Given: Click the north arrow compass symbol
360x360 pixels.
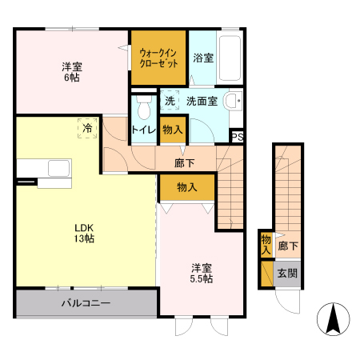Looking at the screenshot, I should [334, 320].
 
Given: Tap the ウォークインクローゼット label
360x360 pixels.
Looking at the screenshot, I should [158, 57].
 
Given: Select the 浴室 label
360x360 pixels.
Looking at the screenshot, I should [202, 58].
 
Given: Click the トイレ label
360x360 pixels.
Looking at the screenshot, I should [144, 129].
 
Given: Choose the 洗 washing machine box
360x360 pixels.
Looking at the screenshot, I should [170, 102].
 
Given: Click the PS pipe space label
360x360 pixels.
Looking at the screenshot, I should [237, 136].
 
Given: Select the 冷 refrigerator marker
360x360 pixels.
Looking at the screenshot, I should [85, 126].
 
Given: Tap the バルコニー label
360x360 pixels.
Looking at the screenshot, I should [86, 303].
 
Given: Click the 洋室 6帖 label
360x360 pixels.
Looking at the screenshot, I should [73, 72].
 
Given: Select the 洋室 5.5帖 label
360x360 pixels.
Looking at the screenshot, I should [202, 273].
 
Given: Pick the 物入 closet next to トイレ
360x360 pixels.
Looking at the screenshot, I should [172, 129].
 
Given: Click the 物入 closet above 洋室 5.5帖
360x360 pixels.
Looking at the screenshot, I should [187, 186].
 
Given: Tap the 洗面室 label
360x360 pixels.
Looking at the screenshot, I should [202, 102].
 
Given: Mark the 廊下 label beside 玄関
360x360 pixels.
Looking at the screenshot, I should [288, 248].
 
